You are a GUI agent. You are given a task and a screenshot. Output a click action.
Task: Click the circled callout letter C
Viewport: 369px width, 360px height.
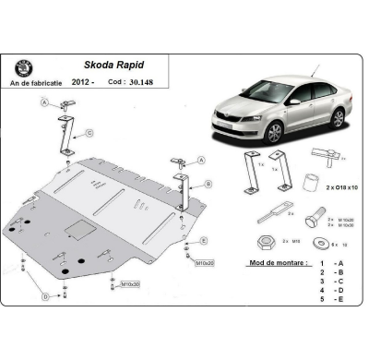point(90,133)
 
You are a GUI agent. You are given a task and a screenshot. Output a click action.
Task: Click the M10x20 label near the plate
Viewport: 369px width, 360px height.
point(204,263)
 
